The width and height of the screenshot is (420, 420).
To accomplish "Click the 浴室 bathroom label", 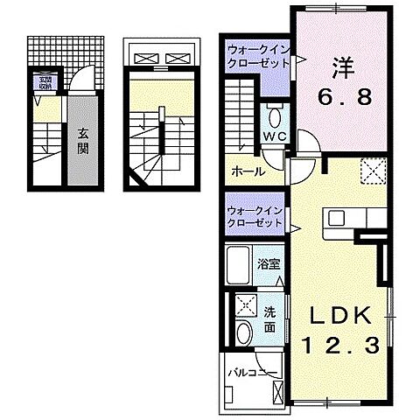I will [x=269, y=262].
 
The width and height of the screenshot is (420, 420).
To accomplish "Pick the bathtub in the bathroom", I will [x=240, y=263].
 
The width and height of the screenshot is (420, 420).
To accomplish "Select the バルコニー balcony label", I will [x=253, y=374].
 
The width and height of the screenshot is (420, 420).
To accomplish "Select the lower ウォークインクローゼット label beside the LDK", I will [x=255, y=217].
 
